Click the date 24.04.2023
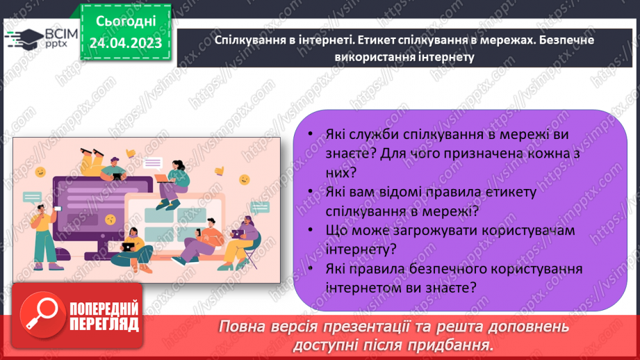click(x=126, y=43)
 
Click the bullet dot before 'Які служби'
click(x=309, y=135)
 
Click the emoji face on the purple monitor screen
click(x=110, y=219)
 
